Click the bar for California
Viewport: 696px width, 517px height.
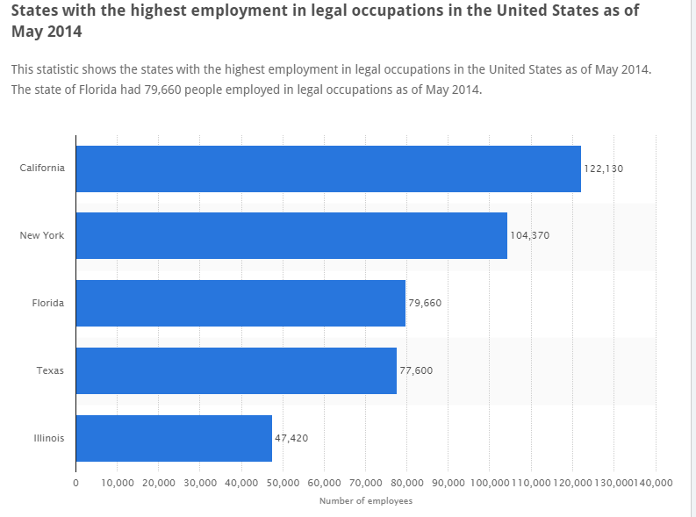click(328, 169)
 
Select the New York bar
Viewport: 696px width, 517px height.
click(291, 235)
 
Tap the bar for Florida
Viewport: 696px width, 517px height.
click(240, 303)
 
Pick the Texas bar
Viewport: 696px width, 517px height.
click(236, 370)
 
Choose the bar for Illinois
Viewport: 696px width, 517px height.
click(174, 438)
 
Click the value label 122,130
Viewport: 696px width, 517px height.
click(603, 169)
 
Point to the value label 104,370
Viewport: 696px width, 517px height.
click(529, 235)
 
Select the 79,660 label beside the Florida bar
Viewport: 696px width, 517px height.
click(425, 303)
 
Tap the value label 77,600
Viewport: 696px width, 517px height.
click(416, 370)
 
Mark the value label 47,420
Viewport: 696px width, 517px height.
click(291, 438)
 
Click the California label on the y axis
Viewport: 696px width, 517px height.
click(42, 169)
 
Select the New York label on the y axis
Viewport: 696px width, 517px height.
click(42, 235)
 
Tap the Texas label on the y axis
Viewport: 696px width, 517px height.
click(50, 370)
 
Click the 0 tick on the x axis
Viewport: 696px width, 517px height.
click(75, 483)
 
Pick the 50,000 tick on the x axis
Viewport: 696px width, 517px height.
click(283, 483)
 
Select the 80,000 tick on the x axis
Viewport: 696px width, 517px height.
click(407, 483)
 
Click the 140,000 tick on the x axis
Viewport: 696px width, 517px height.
click(654, 483)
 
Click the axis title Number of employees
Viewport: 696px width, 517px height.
click(365, 501)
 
